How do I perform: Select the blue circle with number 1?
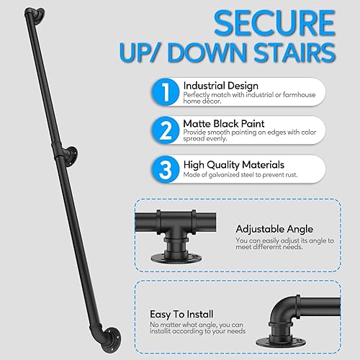click(165, 91)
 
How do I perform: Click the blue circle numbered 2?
click(165, 130)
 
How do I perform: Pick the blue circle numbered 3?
click(165, 169)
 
